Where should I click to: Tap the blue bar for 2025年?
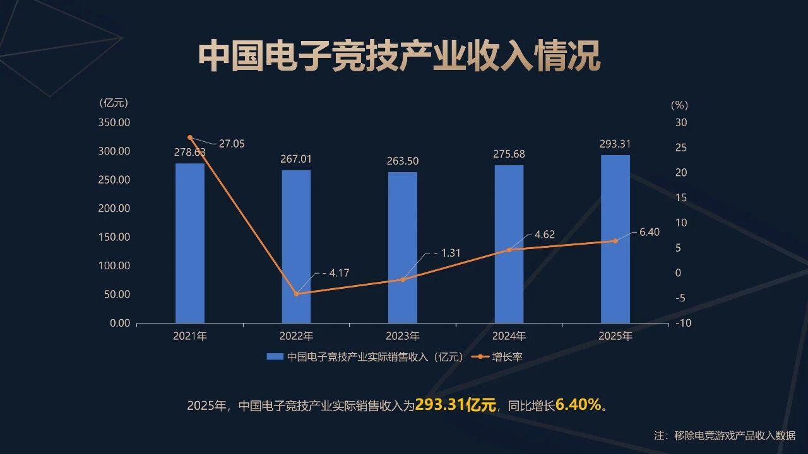click(x=615, y=239)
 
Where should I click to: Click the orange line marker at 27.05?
click(x=190, y=137)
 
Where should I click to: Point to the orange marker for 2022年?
click(x=296, y=294)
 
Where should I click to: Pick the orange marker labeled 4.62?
click(x=509, y=250)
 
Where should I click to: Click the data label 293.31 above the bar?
click(x=615, y=144)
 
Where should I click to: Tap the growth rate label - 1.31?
click(x=447, y=253)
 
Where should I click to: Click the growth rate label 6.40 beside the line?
click(x=649, y=232)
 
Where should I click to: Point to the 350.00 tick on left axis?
click(x=114, y=122)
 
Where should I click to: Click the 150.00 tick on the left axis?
click(x=114, y=237)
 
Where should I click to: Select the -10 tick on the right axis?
click(x=683, y=323)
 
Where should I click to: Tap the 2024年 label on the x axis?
click(x=509, y=336)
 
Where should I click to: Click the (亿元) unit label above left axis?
click(x=114, y=103)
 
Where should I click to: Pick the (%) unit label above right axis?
click(x=679, y=105)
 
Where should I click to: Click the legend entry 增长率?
click(x=507, y=357)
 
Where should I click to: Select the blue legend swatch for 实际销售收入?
click(x=275, y=357)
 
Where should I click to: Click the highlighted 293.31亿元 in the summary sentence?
click(x=456, y=405)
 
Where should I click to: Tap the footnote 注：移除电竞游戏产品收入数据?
click(x=724, y=435)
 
